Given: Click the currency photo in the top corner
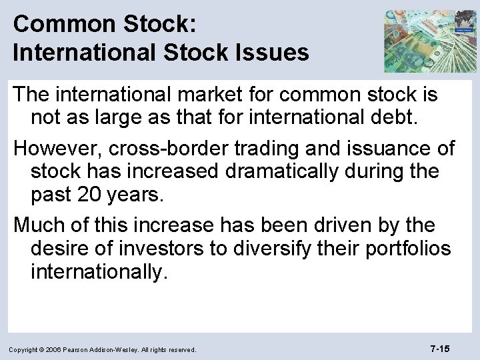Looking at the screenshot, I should (431, 40).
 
